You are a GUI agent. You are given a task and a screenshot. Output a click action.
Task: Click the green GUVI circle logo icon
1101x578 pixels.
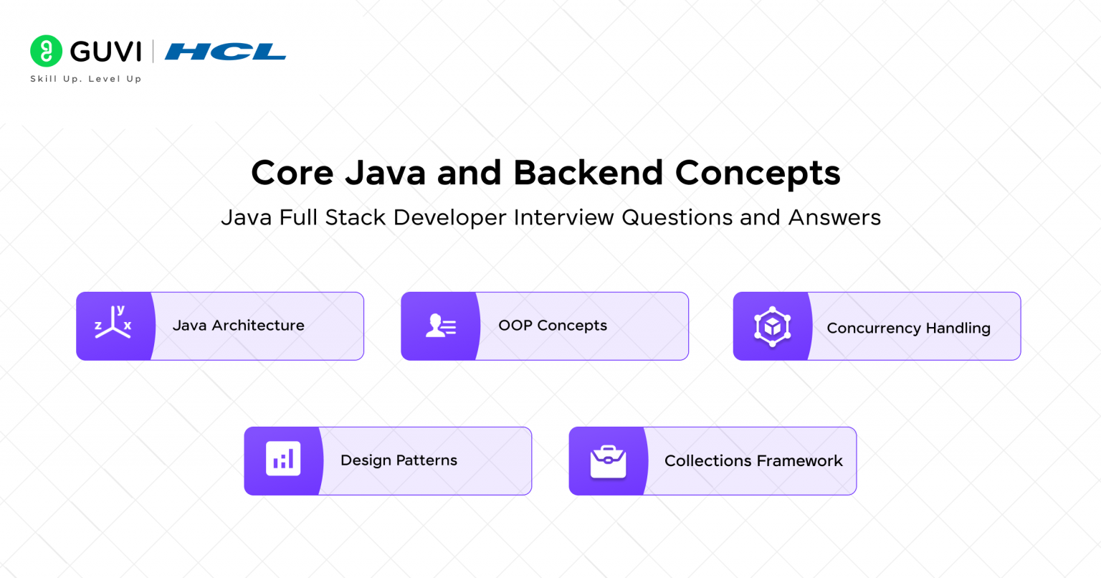coord(47,51)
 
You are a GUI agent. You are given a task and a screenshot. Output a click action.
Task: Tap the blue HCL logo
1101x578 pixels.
coord(225,52)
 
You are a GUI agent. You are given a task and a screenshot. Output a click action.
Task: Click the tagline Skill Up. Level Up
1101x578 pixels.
coord(86,79)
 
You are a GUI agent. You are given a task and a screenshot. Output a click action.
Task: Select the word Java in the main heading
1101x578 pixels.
coord(386,173)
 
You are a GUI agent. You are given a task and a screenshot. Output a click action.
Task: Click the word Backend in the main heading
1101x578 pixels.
coord(588,173)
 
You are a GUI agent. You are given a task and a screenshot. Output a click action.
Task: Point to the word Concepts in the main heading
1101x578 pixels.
coord(758,173)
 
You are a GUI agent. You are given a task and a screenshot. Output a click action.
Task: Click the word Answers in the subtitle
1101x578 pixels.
coord(834,217)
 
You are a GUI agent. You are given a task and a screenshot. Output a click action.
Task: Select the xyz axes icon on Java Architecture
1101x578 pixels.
coord(113,323)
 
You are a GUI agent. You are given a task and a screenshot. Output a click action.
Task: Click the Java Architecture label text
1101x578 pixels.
coord(238,326)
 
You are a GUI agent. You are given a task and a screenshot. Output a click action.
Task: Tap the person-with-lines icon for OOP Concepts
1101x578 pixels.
coord(440,326)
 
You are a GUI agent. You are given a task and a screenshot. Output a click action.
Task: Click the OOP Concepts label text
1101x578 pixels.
coord(553,326)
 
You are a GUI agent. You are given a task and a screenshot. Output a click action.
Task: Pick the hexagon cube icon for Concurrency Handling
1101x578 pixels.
coord(772,326)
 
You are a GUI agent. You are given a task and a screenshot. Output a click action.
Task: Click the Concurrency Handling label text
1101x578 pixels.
coord(908,328)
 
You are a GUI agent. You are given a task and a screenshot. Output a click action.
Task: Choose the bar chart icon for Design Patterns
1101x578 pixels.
coord(283,459)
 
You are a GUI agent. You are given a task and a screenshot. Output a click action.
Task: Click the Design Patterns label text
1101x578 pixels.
coord(399,460)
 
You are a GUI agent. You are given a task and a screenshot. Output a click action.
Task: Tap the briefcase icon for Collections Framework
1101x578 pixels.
coord(608,461)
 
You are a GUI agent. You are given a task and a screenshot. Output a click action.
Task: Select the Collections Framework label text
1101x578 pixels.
coord(753,461)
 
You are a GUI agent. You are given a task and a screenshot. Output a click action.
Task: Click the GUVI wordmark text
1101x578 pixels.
coord(106,52)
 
